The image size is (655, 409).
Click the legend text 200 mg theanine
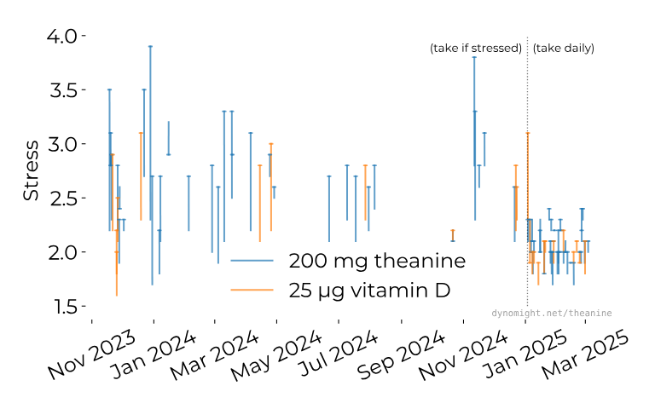(377, 261)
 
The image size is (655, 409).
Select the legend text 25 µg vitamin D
(369, 290)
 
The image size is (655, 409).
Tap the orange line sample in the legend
(252, 291)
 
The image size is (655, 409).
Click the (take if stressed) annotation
(475, 49)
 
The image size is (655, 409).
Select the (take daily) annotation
(563, 49)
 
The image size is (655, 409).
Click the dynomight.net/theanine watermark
(552, 314)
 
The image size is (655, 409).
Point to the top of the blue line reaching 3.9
(150, 47)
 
